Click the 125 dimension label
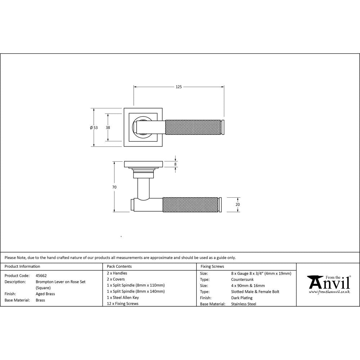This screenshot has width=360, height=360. pos(179,87)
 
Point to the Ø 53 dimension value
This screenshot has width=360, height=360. pos(94,127)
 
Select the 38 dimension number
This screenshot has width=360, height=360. pos(108,127)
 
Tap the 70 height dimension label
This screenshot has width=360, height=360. pos(114,187)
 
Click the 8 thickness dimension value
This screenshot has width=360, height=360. pos(175,164)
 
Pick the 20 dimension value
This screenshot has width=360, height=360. pos(238,204)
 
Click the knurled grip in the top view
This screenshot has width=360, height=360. pos(193,127)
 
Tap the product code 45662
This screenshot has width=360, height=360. pos(41,275)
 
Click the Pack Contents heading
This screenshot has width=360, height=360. pos(119,266)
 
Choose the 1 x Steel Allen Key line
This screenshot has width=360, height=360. pos(123,297)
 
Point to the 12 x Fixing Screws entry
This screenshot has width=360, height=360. pos(122,303)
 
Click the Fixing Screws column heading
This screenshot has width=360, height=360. pos(212,266)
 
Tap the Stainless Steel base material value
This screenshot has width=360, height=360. pos(243,304)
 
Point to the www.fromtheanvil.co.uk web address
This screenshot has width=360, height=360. pos(329,292)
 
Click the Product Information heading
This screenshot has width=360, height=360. pos(22,266)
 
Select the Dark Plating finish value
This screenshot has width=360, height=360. pos(242,298)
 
